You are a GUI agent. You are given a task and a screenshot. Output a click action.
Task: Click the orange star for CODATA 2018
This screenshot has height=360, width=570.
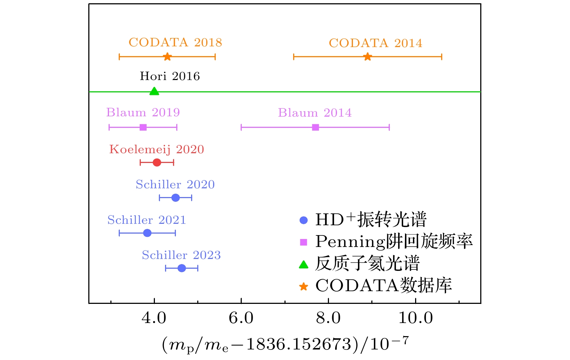(x=167, y=57)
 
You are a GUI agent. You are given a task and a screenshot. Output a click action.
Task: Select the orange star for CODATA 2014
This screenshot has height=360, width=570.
(x=368, y=57)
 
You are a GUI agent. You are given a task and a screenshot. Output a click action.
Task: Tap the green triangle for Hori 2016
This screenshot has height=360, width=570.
(x=154, y=91)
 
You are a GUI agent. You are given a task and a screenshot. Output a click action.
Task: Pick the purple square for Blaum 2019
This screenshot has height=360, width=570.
(x=143, y=127)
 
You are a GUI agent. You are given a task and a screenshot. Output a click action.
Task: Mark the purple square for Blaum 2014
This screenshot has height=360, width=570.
(x=316, y=127)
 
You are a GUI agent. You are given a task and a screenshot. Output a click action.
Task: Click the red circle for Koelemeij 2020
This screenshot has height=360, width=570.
(x=157, y=163)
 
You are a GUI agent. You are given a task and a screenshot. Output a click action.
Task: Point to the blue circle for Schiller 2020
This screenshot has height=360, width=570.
(x=176, y=198)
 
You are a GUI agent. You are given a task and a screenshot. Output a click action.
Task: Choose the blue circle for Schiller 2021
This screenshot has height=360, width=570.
(x=147, y=233)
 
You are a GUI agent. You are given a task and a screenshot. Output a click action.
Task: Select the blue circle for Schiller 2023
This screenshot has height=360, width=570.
(x=182, y=268)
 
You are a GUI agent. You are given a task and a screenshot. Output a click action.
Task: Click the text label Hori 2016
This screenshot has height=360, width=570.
(x=170, y=76)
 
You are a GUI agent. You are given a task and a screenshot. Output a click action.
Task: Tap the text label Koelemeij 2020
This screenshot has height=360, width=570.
(x=157, y=149)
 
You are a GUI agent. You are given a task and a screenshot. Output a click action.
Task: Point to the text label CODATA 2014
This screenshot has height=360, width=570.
(x=375, y=43)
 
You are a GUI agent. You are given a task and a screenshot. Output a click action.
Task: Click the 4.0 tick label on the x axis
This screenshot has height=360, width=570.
(x=154, y=318)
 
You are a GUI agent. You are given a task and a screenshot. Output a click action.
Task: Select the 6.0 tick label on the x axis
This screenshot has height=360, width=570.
(x=241, y=318)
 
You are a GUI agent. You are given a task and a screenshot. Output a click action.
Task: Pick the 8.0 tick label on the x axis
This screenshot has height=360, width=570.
(x=328, y=318)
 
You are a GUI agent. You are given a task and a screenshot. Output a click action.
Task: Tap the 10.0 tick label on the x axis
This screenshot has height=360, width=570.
(x=415, y=318)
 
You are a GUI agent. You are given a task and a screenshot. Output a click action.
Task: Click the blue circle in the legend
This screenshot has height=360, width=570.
(x=304, y=220)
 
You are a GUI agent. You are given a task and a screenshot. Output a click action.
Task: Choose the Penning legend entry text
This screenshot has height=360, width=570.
(x=394, y=241)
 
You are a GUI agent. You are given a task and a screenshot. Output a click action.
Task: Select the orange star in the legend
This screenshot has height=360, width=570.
(x=304, y=286)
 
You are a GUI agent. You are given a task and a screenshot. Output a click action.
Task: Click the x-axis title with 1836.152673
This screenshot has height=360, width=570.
(x=285, y=344)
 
